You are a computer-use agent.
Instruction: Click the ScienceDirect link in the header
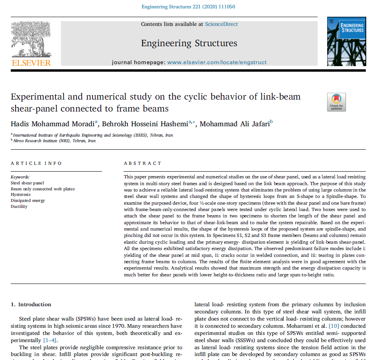221,24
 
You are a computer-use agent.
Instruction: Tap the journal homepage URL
217,62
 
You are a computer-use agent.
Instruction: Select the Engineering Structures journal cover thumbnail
346,41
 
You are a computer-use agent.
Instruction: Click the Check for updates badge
336,102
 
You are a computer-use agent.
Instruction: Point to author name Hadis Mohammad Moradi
53,124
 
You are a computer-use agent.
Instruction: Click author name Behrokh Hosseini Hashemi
145,124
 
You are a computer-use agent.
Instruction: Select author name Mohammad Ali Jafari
234,124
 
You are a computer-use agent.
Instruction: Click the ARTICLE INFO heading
36,163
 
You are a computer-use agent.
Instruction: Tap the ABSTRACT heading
143,163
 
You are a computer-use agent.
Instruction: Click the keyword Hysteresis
21,195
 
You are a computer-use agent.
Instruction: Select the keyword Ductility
19,206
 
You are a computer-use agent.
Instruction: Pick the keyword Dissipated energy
28,201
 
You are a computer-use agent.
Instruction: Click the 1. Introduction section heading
31,305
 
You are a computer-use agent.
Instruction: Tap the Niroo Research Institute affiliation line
54,141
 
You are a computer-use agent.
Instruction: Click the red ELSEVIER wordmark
31,63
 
